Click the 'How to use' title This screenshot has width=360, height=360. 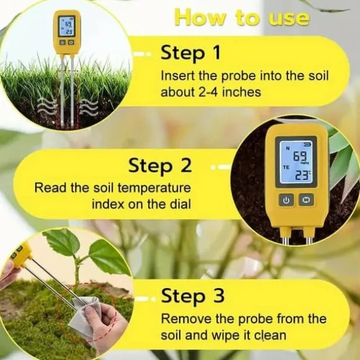pos(242,17)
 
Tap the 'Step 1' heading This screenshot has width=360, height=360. pos(191,53)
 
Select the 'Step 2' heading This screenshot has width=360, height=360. pos(160,166)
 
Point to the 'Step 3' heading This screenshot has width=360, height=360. pos(192,295)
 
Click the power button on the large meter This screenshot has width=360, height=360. pos(286,200)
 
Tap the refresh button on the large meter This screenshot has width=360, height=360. pos(306,200)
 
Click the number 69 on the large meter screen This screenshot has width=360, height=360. pos(300,157)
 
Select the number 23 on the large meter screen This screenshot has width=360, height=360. pos(302,176)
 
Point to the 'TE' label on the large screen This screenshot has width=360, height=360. pos(286,168)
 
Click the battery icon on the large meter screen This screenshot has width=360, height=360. pos(307,144)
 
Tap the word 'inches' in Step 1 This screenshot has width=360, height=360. pos(241,92)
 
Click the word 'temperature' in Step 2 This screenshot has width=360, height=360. pos(155,188)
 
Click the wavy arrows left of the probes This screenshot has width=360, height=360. pos(47,107)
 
